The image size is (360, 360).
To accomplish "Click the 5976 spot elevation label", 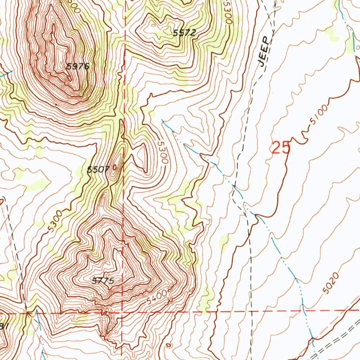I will tap(78, 66).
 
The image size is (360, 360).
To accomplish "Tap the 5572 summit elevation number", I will tap(184, 33).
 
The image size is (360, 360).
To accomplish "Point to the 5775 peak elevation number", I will tap(103, 281).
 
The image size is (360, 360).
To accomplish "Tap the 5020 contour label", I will tap(331, 283).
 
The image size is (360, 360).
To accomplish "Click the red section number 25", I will tap(281, 148).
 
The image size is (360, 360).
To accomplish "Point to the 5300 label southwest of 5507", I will tap(55, 221).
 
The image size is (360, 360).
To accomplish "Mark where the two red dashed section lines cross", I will tap(122, 312).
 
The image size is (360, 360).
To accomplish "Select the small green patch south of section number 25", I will tap(224, 243).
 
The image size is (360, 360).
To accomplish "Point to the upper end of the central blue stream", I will tap(162, 120).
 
